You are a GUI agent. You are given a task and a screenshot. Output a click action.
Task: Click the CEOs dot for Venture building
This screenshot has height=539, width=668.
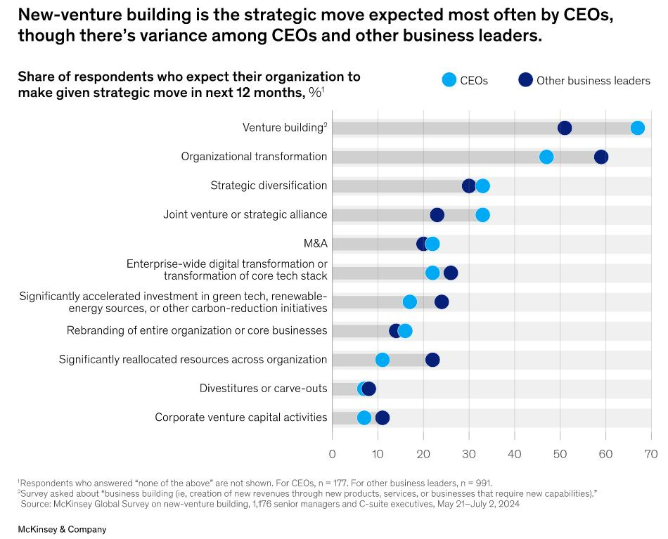[x=638, y=127]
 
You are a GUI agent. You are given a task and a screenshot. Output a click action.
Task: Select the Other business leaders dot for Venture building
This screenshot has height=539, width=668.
[x=565, y=127]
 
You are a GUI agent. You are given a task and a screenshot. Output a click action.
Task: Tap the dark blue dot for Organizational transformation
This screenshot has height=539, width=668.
[x=601, y=157]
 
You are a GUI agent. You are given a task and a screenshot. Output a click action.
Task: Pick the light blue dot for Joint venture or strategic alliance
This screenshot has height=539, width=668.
[x=482, y=214]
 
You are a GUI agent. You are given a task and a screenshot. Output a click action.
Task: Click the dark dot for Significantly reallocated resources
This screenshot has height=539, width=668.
[x=432, y=360]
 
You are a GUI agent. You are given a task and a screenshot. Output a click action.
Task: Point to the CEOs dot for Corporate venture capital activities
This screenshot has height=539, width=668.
[x=364, y=418]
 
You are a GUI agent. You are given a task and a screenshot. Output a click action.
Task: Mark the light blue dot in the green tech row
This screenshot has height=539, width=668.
[x=410, y=301]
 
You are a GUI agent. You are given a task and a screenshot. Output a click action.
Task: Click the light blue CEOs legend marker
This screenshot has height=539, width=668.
[x=449, y=80]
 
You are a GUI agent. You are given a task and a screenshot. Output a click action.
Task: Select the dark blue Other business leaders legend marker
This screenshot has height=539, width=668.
[x=525, y=80]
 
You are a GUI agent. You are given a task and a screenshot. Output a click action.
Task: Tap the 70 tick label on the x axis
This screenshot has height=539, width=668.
[x=651, y=453]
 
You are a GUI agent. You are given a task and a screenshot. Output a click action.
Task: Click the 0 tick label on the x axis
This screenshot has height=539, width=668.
[x=333, y=453]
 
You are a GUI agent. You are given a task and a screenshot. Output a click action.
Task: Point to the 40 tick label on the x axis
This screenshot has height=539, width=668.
[x=515, y=453]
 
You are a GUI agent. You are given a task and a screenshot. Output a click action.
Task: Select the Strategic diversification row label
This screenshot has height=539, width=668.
[x=269, y=186]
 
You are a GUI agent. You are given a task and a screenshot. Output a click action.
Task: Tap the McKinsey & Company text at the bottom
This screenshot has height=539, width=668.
[x=62, y=529]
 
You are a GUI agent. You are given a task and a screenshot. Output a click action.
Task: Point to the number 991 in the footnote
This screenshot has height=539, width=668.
[x=483, y=483]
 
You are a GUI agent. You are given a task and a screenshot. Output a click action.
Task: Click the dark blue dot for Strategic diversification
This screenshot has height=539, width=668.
[x=469, y=186]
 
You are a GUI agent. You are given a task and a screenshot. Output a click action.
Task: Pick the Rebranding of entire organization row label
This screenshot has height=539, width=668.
[x=197, y=330]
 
